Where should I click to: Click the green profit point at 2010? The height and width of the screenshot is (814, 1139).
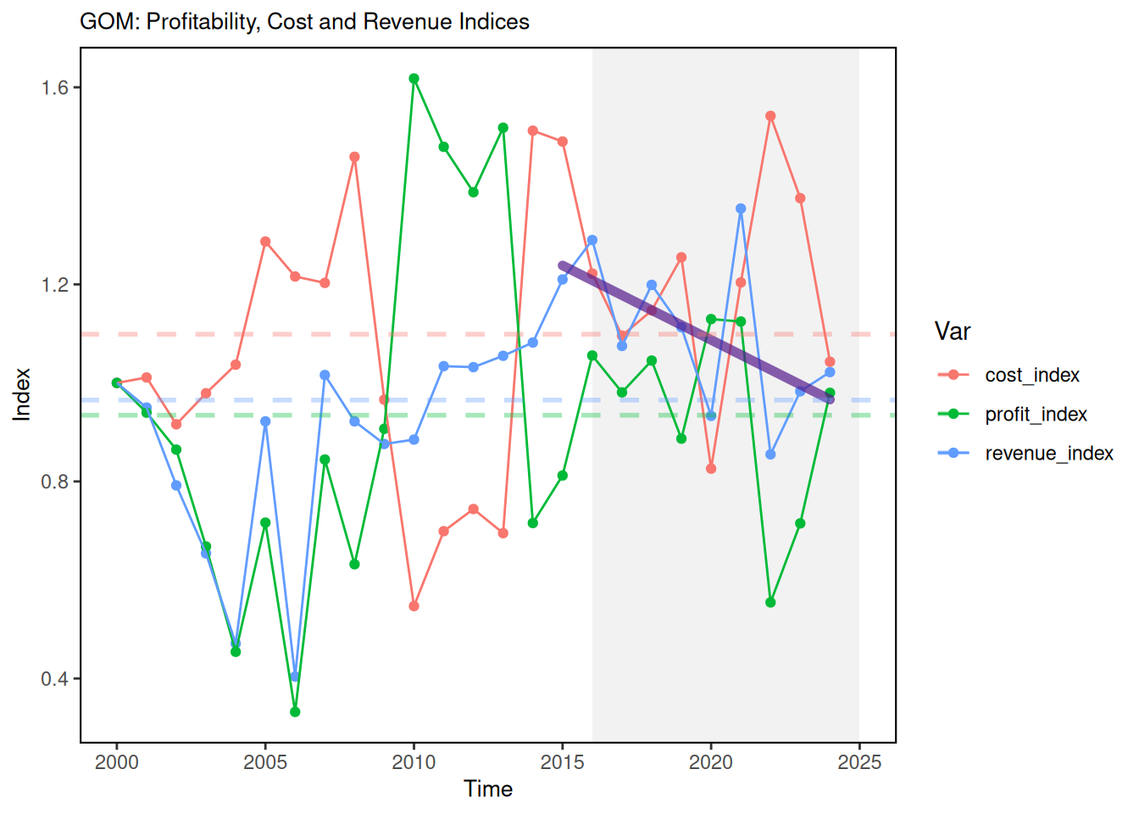pyautogui.click(x=414, y=79)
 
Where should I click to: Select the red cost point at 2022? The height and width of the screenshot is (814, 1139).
pyautogui.click(x=770, y=116)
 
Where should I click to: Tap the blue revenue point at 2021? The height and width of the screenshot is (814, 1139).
pyautogui.click(x=741, y=209)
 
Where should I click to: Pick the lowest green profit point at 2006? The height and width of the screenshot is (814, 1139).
pyautogui.click(x=295, y=711)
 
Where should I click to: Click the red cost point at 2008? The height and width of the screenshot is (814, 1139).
pyautogui.click(x=354, y=157)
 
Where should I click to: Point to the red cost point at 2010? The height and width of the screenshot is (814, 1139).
pyautogui.click(x=414, y=606)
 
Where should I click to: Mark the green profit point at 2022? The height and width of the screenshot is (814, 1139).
pyautogui.click(x=770, y=602)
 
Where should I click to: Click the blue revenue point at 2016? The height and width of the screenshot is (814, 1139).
pyautogui.click(x=592, y=241)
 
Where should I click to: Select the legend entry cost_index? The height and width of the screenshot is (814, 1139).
pyautogui.click(x=1031, y=375)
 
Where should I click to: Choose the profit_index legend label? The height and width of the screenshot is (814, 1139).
pyautogui.click(x=1036, y=414)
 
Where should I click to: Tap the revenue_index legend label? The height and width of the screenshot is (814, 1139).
pyautogui.click(x=1048, y=454)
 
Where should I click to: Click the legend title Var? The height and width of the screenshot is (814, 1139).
pyautogui.click(x=953, y=332)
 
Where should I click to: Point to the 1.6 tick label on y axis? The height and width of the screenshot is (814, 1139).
pyautogui.click(x=55, y=87)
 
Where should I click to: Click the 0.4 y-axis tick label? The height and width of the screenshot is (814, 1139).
pyautogui.click(x=55, y=678)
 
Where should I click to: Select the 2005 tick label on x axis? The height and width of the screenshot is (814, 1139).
pyautogui.click(x=265, y=762)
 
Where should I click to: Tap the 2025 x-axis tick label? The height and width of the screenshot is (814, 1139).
pyautogui.click(x=859, y=762)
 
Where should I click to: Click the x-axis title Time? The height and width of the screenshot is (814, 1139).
pyautogui.click(x=488, y=789)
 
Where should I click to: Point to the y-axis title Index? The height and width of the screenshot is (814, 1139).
pyautogui.click(x=21, y=394)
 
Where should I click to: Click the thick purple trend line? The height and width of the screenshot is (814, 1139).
pyautogui.click(x=695, y=332)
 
